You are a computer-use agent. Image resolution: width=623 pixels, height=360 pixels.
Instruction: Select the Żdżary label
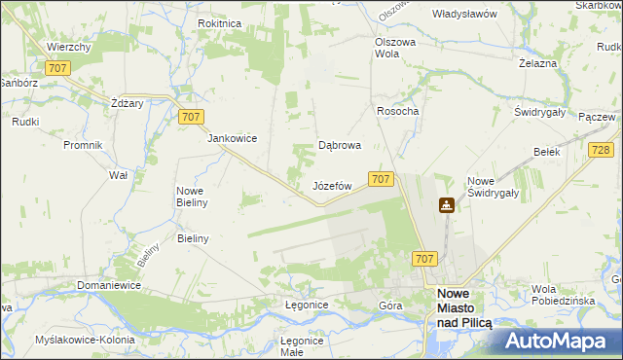point(128,103)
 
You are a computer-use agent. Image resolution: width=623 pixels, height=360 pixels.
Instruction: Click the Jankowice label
point(232,138)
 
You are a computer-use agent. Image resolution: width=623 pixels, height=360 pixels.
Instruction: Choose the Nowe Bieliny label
point(196,197)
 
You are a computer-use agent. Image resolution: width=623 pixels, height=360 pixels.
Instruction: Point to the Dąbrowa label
point(341,146)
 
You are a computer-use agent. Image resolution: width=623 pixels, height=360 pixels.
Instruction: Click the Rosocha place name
point(397,111)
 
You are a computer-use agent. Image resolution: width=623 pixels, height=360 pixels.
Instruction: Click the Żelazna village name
point(537,63)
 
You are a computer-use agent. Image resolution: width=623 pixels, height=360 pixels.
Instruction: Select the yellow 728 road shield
point(601,149)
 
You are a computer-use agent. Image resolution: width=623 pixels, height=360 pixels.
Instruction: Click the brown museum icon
point(447,205)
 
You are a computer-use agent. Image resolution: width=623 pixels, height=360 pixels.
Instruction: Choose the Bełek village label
point(546,152)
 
